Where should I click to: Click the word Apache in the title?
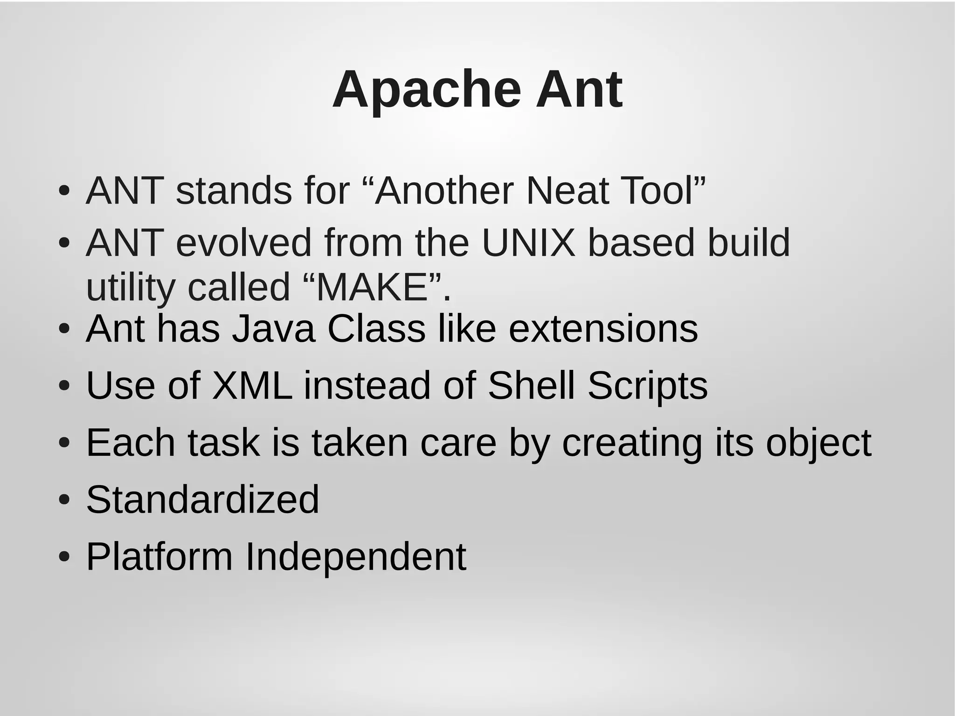coord(426,90)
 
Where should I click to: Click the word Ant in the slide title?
coord(579,90)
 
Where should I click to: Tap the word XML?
coord(252,386)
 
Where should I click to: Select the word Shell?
coord(531,386)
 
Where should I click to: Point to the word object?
coord(818,443)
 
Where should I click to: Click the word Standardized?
coord(203,500)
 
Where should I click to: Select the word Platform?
coord(159,556)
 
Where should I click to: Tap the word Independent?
coord(355,556)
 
